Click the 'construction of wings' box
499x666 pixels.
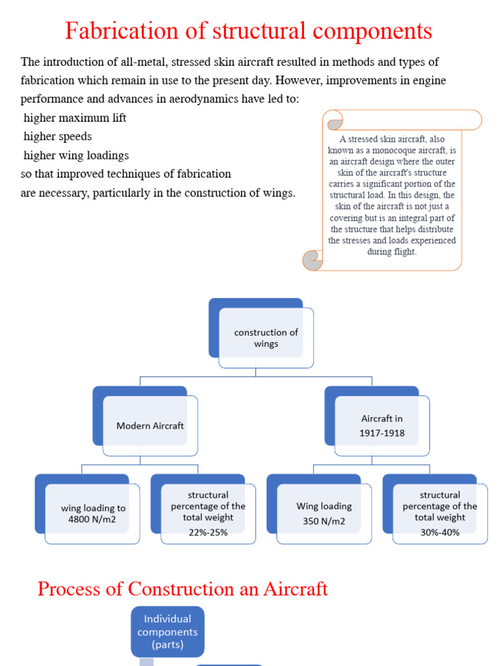click(266, 338)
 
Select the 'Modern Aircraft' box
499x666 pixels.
click(150, 426)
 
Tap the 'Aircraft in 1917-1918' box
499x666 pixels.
click(382, 426)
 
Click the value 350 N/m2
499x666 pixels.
click(324, 521)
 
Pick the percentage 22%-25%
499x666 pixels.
click(208, 532)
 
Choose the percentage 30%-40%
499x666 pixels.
click(439, 532)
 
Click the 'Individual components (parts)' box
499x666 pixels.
click(168, 632)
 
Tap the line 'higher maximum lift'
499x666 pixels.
click(75, 118)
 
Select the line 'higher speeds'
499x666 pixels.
click(58, 137)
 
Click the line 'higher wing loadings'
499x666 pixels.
click(76, 155)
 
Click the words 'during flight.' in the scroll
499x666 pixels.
click(392, 252)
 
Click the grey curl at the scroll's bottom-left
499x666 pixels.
click(313, 261)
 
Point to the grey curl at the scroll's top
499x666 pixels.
click(335, 124)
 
